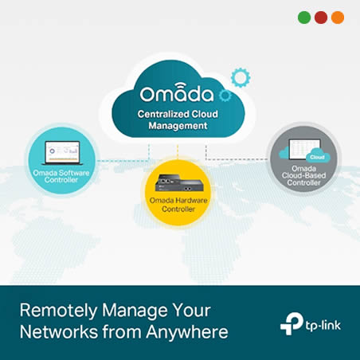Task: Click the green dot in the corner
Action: point(304,18)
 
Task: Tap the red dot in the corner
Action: point(321,18)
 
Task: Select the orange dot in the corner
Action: point(338,18)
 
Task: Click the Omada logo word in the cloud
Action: point(177,93)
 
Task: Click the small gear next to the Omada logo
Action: point(225,96)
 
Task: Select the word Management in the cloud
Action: point(178,126)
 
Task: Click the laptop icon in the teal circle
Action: point(62,153)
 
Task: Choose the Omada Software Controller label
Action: point(61,176)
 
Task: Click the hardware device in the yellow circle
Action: point(179,182)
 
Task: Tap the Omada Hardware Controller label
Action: point(178,205)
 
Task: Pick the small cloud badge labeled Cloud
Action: point(318,156)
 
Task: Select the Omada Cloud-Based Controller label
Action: point(303,175)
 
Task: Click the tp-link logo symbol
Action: point(292,323)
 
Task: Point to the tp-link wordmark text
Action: point(323,326)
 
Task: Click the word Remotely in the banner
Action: point(59,311)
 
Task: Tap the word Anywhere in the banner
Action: point(187,332)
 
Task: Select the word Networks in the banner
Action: point(59,332)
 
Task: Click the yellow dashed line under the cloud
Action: point(178,151)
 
